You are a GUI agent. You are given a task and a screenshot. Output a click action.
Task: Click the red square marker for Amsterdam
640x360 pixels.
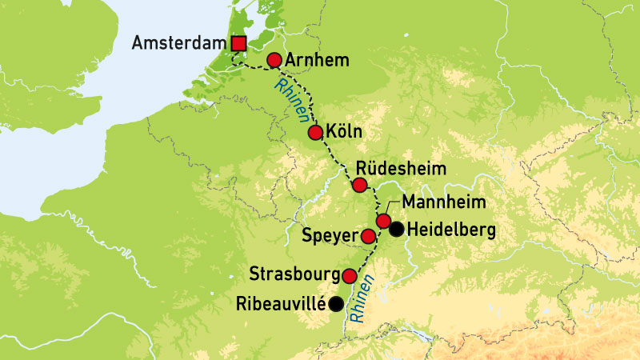tap(238, 43)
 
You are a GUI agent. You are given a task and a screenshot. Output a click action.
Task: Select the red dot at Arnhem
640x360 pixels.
tap(274, 60)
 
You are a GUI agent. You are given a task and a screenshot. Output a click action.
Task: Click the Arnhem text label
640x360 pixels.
tap(314, 60)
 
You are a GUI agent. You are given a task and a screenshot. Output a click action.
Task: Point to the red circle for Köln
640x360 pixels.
tap(315, 132)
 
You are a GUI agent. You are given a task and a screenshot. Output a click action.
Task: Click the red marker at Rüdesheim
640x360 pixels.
tap(359, 186)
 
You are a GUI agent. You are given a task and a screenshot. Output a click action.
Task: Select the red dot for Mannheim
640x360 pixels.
tap(383, 221)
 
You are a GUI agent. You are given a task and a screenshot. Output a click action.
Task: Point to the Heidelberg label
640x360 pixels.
tap(451, 230)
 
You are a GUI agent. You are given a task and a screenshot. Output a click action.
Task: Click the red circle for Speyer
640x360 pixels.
tap(367, 236)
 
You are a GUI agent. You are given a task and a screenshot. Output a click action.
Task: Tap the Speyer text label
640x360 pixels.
tap(329, 237)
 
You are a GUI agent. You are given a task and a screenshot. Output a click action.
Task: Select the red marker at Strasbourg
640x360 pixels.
tap(349, 276)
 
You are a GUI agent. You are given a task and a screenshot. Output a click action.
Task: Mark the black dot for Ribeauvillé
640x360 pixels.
tap(337, 304)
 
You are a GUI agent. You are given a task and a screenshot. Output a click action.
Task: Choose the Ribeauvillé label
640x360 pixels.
tap(282, 304)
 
